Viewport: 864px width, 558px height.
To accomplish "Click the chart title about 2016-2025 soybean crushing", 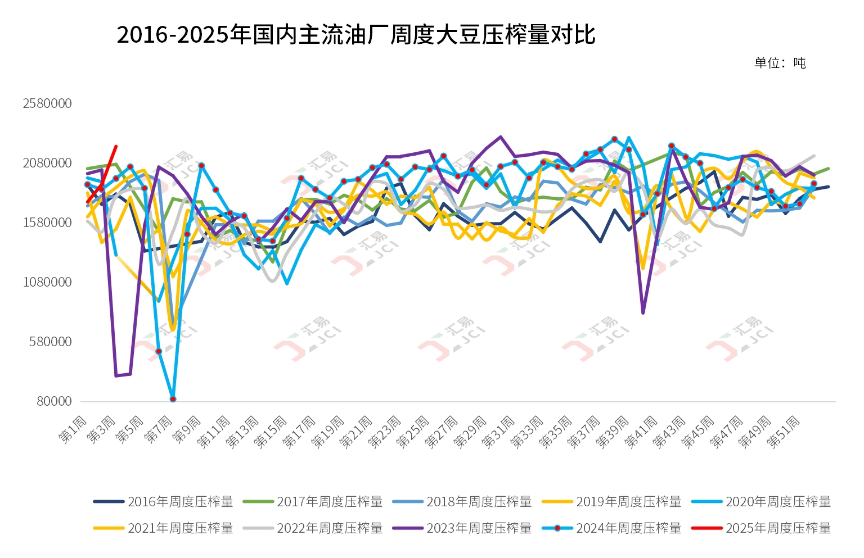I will (x=355, y=35).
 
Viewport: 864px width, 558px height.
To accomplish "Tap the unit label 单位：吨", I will (x=780, y=63).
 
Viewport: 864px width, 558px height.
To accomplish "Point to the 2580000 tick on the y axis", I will (x=47, y=104).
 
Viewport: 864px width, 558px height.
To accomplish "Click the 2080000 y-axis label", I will (x=47, y=164).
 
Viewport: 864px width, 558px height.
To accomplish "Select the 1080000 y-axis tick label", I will (x=47, y=283).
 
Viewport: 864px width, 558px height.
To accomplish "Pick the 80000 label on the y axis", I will (x=55, y=402).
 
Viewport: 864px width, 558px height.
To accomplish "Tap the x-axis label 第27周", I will (x=441, y=432).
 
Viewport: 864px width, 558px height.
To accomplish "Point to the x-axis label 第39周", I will (x=613, y=432).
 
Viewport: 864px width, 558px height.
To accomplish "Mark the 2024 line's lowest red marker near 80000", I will (x=173, y=399).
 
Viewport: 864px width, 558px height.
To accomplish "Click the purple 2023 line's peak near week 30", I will (x=501, y=137).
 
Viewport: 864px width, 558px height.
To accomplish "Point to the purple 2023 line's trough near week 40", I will (x=643, y=313).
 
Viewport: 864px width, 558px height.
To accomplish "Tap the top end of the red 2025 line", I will (x=116, y=146).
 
